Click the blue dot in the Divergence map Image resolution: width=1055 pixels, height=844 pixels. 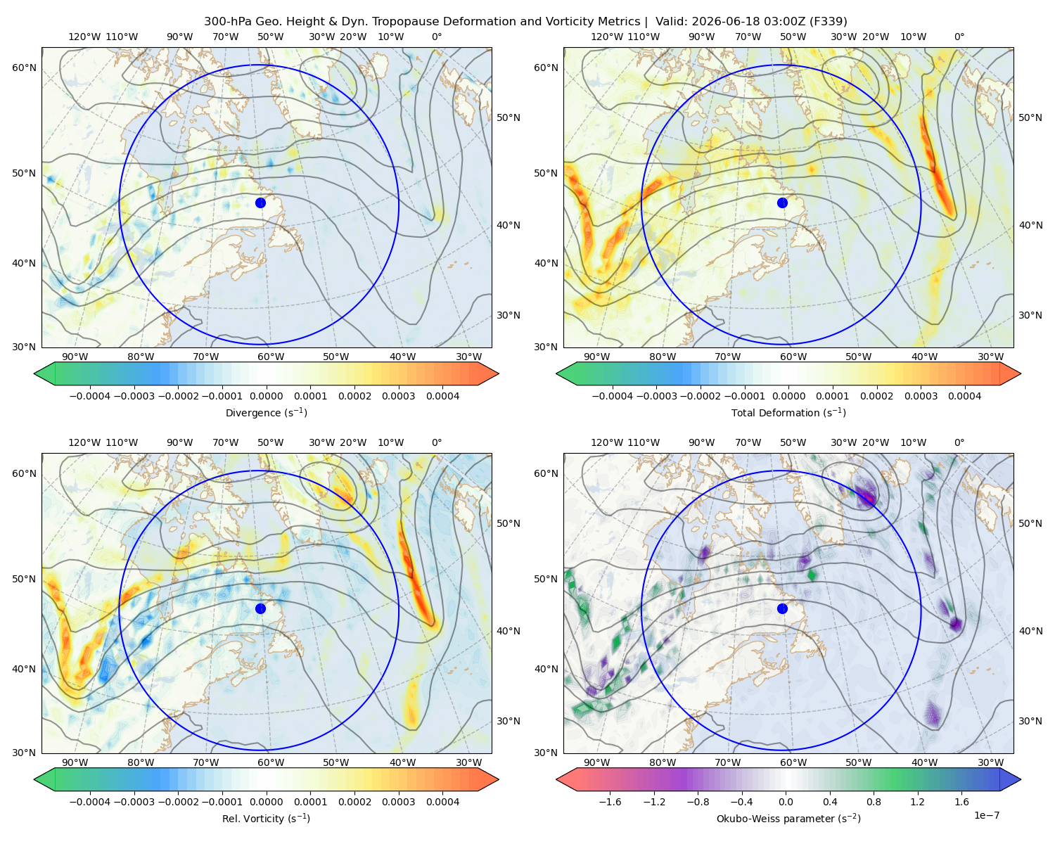260,203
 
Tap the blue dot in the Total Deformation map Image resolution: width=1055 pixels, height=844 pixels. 782,203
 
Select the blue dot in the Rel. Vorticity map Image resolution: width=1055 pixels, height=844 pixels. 260,608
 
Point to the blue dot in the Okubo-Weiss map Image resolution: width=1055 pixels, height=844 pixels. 782,608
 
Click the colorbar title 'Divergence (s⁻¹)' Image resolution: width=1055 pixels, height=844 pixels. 266,412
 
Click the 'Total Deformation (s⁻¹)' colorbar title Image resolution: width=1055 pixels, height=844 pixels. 788,412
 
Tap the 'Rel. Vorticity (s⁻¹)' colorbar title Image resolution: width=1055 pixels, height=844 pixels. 266,818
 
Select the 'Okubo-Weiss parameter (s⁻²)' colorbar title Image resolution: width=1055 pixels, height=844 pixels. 788,818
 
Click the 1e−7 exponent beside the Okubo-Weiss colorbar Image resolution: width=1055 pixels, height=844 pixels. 986,815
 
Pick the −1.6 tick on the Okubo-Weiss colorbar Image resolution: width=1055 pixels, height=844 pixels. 610,802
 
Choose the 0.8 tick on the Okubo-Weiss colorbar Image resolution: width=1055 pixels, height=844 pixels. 874,802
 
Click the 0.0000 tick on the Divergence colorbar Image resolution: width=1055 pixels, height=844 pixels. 266,396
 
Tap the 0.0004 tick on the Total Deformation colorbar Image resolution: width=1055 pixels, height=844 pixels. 964,396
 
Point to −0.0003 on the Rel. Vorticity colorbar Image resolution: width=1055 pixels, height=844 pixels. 134,802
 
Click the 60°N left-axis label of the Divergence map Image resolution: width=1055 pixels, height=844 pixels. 24,68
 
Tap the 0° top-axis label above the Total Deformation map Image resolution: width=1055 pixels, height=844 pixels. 959,37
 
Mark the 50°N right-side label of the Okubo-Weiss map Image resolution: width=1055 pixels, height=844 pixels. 1030,523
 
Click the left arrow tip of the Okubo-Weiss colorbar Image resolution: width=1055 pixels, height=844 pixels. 556,779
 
